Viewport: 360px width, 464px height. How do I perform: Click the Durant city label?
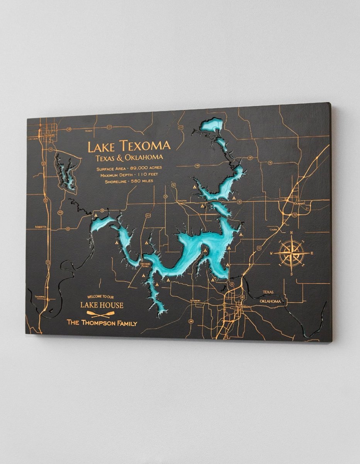[299, 203]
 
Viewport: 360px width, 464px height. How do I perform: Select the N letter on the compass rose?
[291, 232]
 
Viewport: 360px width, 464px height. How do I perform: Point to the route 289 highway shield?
[191, 321]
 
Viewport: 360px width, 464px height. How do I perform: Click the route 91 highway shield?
[232, 284]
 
